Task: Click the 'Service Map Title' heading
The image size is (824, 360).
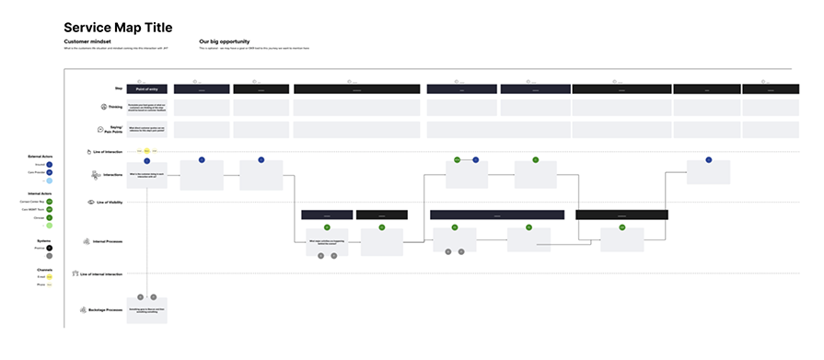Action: [x=119, y=28]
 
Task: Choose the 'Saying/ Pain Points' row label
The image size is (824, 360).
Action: [x=114, y=131]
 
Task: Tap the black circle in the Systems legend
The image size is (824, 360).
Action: [x=50, y=248]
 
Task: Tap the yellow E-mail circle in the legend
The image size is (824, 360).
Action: [x=50, y=276]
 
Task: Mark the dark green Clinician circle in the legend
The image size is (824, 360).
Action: [x=50, y=218]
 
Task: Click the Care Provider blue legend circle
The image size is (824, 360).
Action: [x=50, y=172]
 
